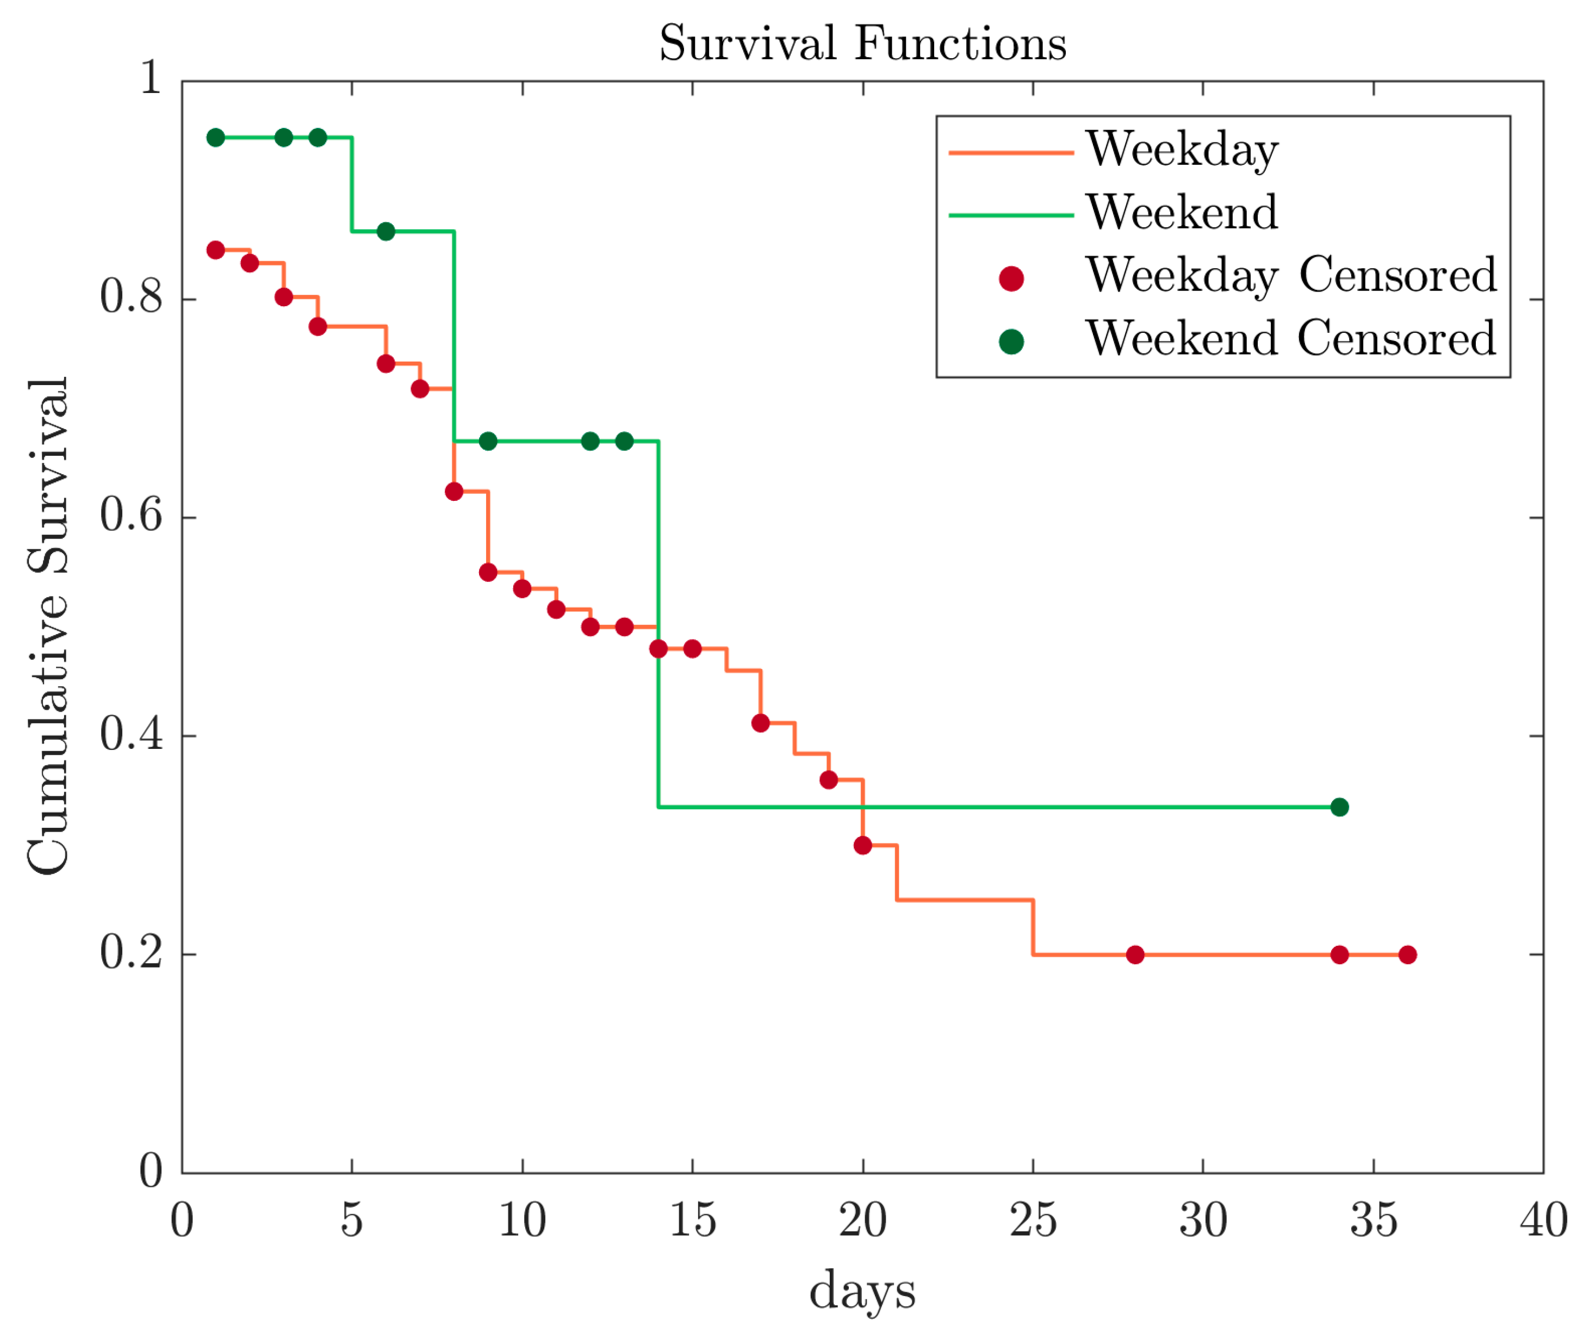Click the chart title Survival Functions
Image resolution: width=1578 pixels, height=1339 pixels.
tap(862, 44)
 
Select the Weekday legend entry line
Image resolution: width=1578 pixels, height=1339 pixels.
tap(1010, 153)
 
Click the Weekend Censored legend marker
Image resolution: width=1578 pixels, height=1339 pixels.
tap(1010, 342)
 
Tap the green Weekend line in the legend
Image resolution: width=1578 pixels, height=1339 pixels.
tap(1010, 215)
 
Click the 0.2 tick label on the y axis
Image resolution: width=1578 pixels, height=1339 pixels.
tap(131, 953)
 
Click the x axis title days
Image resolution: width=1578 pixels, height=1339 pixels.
tap(862, 1291)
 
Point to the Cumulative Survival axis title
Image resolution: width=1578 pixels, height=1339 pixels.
tap(47, 625)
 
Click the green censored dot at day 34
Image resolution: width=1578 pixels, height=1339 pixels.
tap(1339, 807)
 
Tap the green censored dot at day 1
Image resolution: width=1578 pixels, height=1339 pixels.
tap(215, 138)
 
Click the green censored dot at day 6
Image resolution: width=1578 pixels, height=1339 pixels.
tap(386, 231)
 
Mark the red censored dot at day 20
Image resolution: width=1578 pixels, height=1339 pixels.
tap(862, 845)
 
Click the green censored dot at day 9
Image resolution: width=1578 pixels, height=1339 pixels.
tap(488, 441)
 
